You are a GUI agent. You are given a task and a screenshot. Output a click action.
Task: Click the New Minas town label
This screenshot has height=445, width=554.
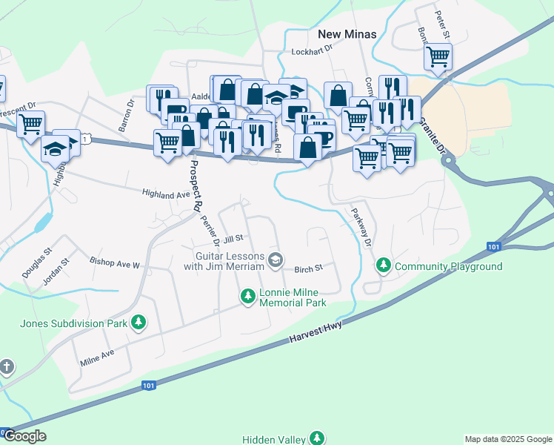point(347,34)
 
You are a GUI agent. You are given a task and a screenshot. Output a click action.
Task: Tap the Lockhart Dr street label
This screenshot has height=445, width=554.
point(313,52)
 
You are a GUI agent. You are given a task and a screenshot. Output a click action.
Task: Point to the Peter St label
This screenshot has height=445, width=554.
point(443,24)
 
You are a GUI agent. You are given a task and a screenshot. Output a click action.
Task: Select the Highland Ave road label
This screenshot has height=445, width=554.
point(167,194)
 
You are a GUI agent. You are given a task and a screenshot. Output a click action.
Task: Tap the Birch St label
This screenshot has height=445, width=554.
point(309,268)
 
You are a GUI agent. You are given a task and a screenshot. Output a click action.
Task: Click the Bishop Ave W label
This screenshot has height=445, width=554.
point(115,263)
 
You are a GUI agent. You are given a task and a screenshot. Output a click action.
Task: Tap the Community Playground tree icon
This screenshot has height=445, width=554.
point(384,265)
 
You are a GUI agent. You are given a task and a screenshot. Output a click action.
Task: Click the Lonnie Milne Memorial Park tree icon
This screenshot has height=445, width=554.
point(248,297)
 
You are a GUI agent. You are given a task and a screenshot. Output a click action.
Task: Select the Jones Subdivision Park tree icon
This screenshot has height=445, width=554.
point(138,322)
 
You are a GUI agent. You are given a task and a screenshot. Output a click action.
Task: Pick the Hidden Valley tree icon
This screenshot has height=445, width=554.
point(317,438)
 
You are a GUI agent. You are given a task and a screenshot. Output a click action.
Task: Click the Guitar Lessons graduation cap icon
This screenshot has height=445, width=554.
point(276,259)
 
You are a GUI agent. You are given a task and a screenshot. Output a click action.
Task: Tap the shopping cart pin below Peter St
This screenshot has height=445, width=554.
point(438,56)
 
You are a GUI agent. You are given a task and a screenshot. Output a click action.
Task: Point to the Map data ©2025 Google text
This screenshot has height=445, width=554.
point(507,439)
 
